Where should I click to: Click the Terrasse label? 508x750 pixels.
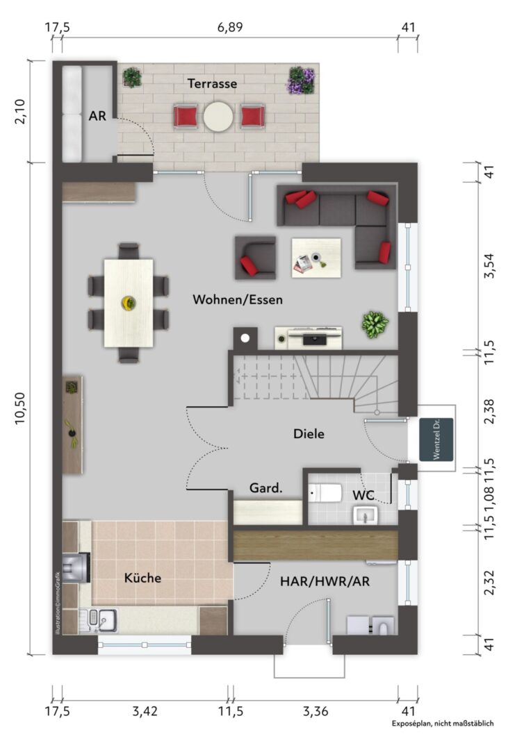[x=212, y=84]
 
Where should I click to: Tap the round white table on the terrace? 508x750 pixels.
[x=218, y=116]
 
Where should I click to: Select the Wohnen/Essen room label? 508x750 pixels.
[x=238, y=300]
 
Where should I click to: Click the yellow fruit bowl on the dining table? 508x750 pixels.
[x=129, y=303]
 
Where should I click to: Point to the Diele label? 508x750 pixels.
[x=309, y=434]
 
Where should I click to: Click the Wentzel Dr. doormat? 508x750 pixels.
[x=436, y=440]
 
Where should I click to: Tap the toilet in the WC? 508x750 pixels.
[x=325, y=492]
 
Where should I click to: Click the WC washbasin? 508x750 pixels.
[x=366, y=516]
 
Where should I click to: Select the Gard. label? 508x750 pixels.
[x=265, y=488]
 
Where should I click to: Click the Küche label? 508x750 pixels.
[x=142, y=578]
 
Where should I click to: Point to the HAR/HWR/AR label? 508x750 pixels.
[x=325, y=582]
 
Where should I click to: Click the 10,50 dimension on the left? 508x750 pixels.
[x=21, y=408]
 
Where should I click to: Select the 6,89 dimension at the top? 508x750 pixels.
[x=230, y=27]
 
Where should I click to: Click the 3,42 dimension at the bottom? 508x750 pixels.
[x=145, y=711]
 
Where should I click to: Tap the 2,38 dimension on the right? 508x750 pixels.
[x=489, y=412]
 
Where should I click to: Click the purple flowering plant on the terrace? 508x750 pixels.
[x=302, y=81]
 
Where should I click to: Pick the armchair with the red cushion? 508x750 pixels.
[x=255, y=258]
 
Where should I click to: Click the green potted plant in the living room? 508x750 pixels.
[x=375, y=325]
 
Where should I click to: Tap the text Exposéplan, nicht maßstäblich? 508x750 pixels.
[x=443, y=724]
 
